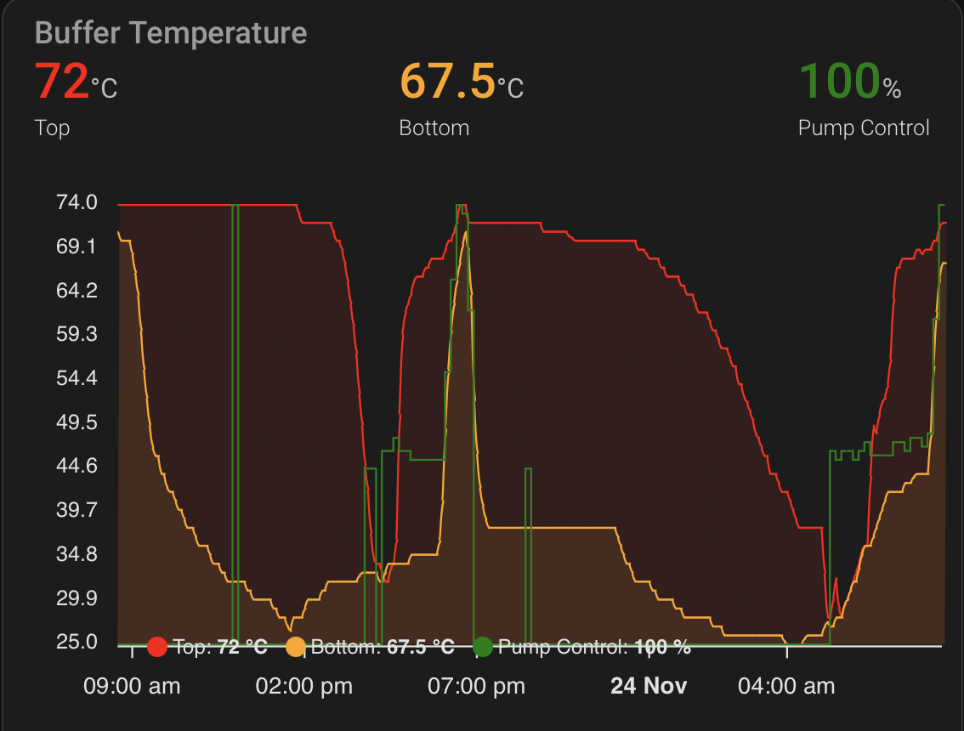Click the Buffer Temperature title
pyautogui.click(x=171, y=33)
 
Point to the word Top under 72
pyautogui.click(x=52, y=128)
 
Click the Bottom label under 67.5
pyautogui.click(x=434, y=128)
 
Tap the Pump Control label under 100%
pyautogui.click(x=863, y=128)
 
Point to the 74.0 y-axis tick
pyautogui.click(x=77, y=203)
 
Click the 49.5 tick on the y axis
pyautogui.click(x=77, y=422)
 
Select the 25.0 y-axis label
pyautogui.click(x=77, y=642)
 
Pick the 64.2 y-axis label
pyautogui.click(x=77, y=291)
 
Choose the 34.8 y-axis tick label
pyautogui.click(x=77, y=554)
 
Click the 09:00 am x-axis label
pyautogui.click(x=132, y=686)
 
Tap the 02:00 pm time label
pyautogui.click(x=304, y=686)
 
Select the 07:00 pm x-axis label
pyautogui.click(x=477, y=686)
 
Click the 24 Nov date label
pyautogui.click(x=649, y=686)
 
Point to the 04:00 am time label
pyautogui.click(x=786, y=686)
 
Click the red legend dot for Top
pyautogui.click(x=157, y=648)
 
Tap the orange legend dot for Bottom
pyautogui.click(x=296, y=648)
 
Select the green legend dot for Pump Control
pyautogui.click(x=482, y=648)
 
